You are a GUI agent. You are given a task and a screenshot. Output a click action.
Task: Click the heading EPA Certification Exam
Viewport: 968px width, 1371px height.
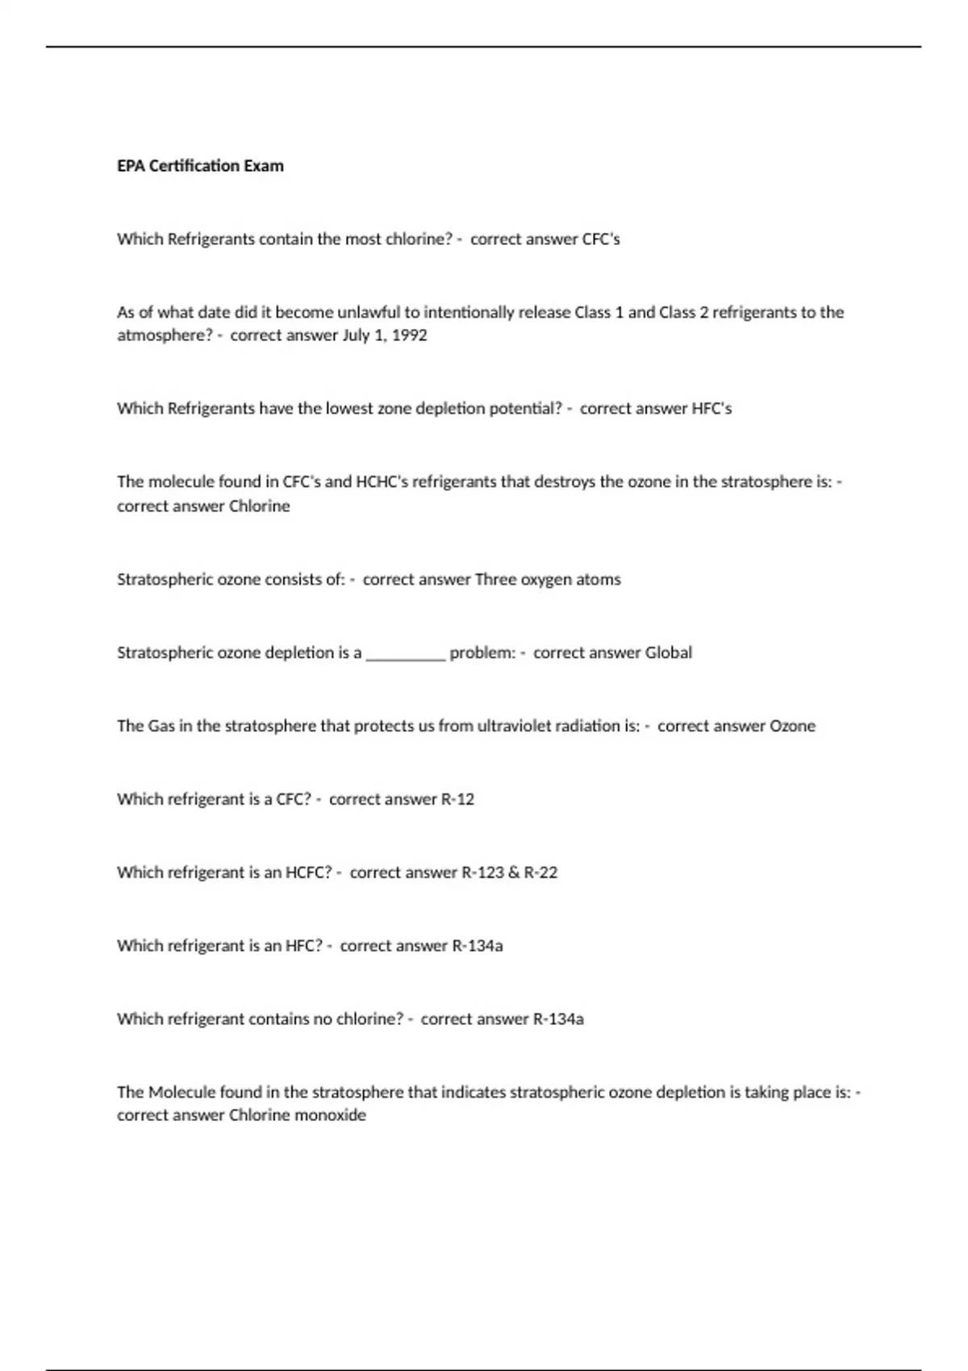pyautogui.click(x=200, y=166)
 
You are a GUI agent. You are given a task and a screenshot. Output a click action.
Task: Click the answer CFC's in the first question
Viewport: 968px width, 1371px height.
pyautogui.click(x=601, y=240)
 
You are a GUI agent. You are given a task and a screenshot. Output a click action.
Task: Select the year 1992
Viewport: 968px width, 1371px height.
pyautogui.click(x=409, y=335)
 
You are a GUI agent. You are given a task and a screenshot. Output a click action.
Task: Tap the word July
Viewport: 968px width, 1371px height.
pyautogui.click(x=356, y=335)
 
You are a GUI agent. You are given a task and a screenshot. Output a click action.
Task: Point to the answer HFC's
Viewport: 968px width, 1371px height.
pyautogui.click(x=711, y=409)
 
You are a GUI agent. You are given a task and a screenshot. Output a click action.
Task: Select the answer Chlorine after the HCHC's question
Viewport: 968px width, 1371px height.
pyautogui.click(x=259, y=506)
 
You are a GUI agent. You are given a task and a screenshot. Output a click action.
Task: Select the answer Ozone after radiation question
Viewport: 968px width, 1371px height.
pyautogui.click(x=792, y=727)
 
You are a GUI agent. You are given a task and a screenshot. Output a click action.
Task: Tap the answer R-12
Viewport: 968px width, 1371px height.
pyautogui.click(x=457, y=800)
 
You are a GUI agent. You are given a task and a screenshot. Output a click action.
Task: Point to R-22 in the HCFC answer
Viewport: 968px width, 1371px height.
pyautogui.click(x=540, y=873)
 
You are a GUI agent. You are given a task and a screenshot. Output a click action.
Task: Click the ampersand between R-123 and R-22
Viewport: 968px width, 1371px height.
pyautogui.click(x=514, y=873)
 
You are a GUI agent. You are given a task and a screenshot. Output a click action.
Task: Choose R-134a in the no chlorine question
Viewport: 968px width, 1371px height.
pyautogui.click(x=558, y=1019)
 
